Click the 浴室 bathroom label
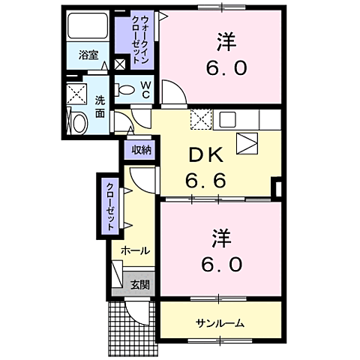point(88,55)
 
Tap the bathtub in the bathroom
point(89,28)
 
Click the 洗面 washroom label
point(100,107)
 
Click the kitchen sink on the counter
point(228,118)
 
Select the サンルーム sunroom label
point(220,323)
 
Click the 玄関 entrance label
point(139,284)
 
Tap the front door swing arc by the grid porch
point(135,314)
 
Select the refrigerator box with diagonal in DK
point(246,142)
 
